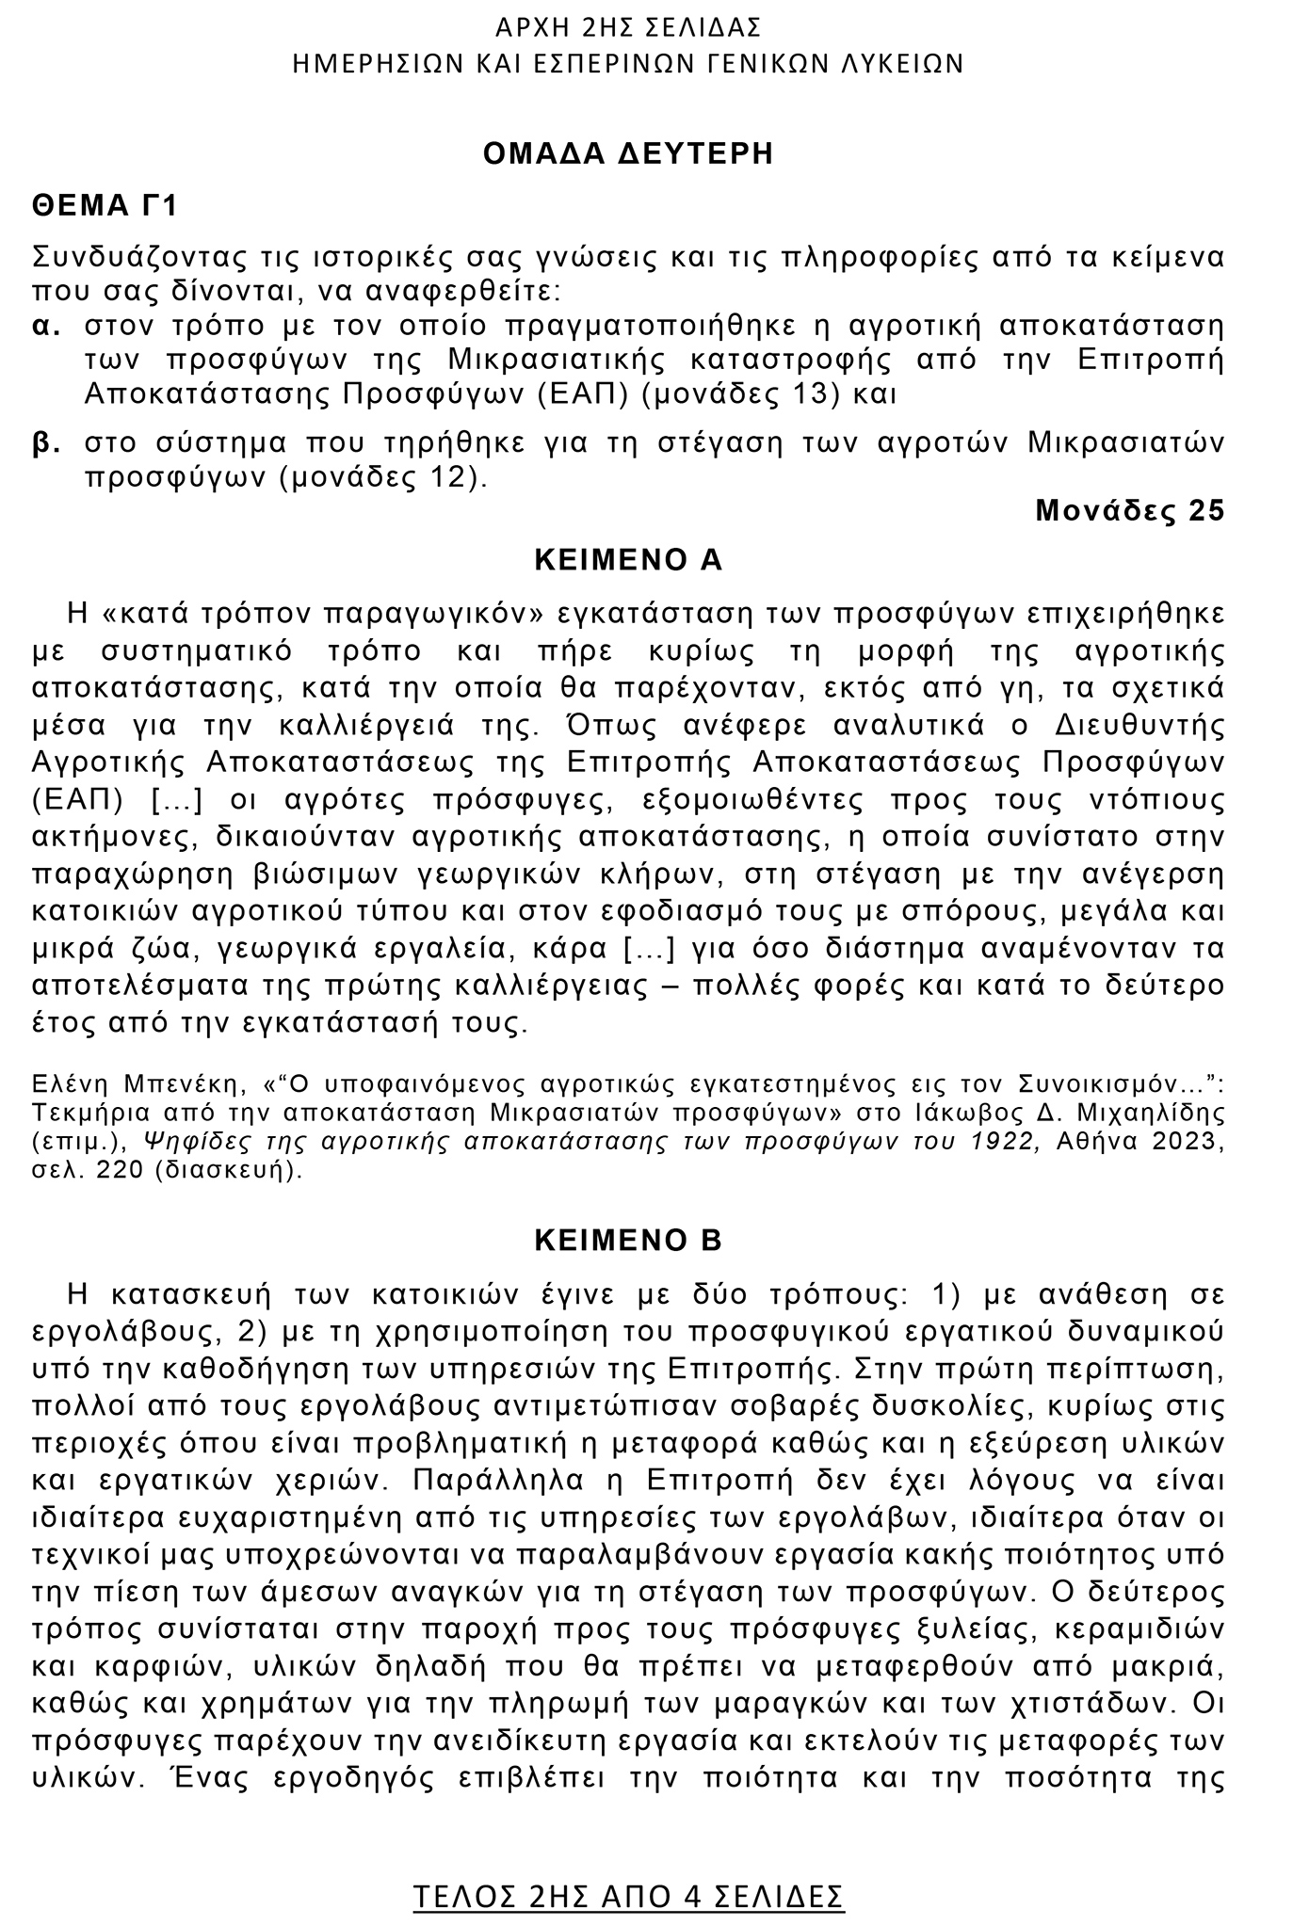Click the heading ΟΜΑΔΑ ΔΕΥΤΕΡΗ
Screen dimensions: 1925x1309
(x=628, y=153)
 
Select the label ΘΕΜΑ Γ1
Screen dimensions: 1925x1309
(x=105, y=205)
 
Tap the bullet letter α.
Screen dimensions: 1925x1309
(x=46, y=327)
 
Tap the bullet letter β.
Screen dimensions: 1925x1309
(x=46, y=443)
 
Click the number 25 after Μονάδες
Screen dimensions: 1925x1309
(x=1206, y=510)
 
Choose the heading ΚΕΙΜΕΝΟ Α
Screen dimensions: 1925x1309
(x=628, y=560)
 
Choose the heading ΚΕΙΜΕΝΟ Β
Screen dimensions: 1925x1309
(x=628, y=1241)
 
